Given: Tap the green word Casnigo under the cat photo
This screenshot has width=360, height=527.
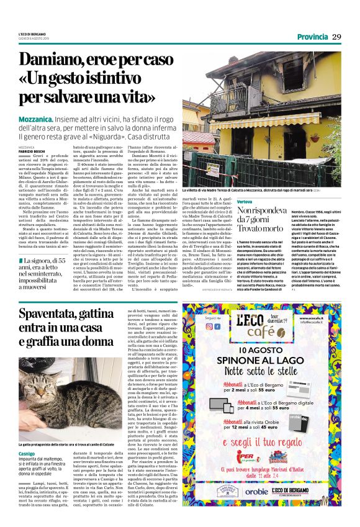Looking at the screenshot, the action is (x=27, y=455).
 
